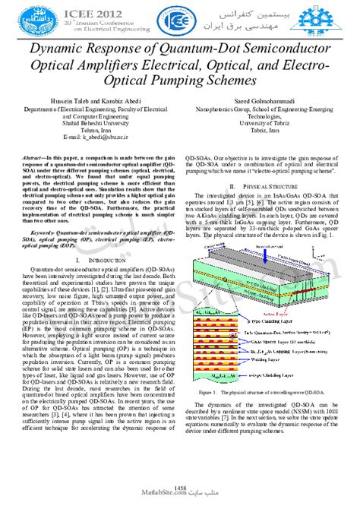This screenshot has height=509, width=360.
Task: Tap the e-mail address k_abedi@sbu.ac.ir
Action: coord(93,138)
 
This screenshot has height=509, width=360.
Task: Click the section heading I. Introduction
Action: coord(93,238)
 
